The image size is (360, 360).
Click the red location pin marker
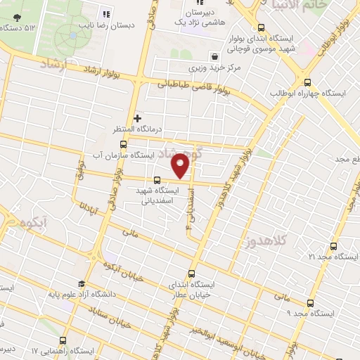pos(181,167)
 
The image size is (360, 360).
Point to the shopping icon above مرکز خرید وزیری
pos(214,56)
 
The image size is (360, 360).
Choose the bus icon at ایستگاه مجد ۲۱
pos(333,246)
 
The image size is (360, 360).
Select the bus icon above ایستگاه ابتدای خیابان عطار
pos(192,274)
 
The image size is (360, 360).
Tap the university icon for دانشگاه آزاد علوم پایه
pos(83,285)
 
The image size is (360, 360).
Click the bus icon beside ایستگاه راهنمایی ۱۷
pos(63,340)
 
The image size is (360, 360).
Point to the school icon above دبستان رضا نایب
pos(106,13)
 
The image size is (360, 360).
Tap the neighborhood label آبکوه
pos(33,224)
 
